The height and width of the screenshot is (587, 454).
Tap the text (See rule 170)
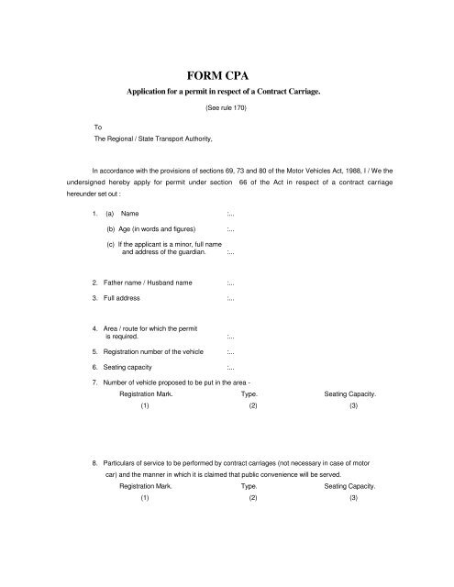point(226,108)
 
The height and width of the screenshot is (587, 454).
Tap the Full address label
point(127,299)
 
